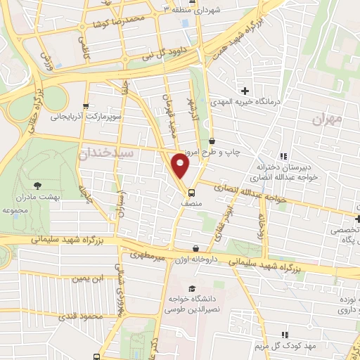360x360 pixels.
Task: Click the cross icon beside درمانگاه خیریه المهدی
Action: [x=245, y=91]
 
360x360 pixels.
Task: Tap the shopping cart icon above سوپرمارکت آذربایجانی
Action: [x=86, y=103]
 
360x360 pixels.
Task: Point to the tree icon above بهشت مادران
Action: [x=37, y=186]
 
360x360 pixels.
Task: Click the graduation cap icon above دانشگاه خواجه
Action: [x=191, y=289]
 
